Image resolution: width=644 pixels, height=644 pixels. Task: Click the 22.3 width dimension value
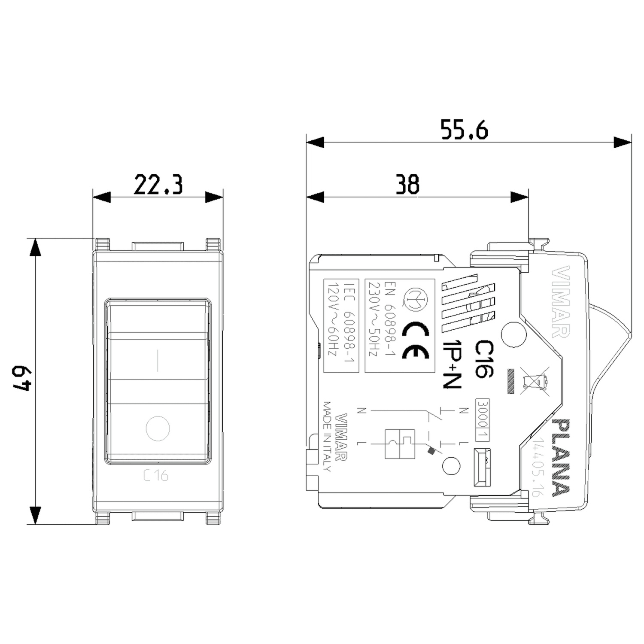158,185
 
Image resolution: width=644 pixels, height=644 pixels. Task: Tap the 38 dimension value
407,185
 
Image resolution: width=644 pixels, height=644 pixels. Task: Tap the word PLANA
561,458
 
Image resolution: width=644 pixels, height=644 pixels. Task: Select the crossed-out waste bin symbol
535,380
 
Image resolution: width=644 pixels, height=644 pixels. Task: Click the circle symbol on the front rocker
158,428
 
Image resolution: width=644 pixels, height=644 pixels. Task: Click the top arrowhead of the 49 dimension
35,247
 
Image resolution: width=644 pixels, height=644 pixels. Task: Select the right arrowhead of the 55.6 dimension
623,142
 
